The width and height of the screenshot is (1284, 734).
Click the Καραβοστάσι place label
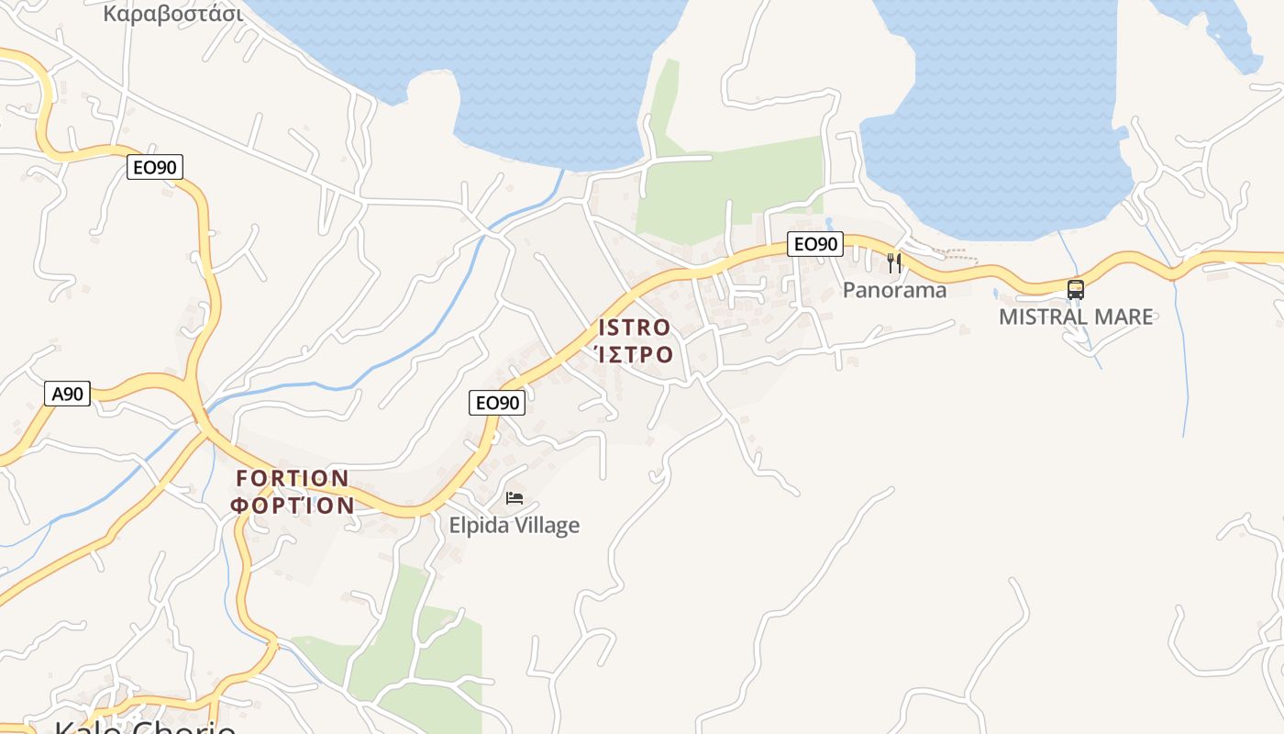(x=173, y=14)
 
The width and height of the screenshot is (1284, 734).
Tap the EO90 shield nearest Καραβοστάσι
(x=155, y=166)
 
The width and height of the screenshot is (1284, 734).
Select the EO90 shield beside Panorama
(x=814, y=244)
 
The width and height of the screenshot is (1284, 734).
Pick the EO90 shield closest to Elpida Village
(x=497, y=402)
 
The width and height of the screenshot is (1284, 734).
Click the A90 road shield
(x=67, y=394)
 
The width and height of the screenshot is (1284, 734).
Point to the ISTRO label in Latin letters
(x=635, y=328)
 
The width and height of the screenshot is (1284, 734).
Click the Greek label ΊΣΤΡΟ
(x=635, y=354)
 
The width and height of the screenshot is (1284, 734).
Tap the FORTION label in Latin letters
(x=293, y=478)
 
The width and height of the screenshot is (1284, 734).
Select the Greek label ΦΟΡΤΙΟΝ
(x=293, y=505)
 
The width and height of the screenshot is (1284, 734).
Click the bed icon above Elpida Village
(x=515, y=498)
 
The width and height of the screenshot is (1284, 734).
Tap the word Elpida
(x=477, y=526)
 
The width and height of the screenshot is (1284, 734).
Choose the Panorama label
(x=894, y=290)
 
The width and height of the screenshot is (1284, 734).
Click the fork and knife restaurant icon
(x=894, y=264)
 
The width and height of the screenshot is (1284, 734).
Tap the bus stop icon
(x=1076, y=290)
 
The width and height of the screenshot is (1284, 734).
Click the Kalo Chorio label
(x=145, y=728)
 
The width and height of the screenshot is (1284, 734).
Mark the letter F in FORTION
(x=242, y=478)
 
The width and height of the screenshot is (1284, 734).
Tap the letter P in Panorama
(x=849, y=290)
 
